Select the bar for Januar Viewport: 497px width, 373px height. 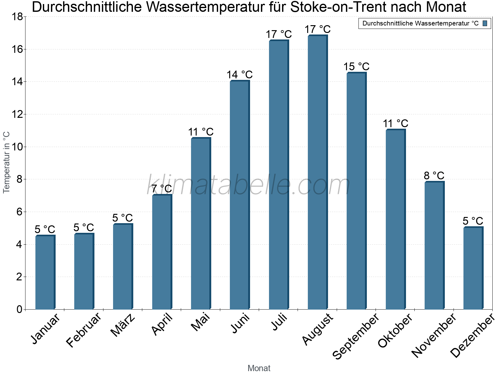click(x=45, y=273)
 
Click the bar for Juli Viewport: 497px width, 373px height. click(x=279, y=175)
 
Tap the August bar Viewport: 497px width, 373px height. click(x=317, y=173)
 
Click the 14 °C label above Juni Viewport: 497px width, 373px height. click(x=239, y=75)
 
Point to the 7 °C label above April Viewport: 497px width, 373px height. click(x=162, y=189)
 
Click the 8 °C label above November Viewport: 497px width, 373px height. click(x=434, y=176)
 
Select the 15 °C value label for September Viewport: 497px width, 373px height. click(x=356, y=67)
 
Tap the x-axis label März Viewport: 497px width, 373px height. click(x=123, y=325)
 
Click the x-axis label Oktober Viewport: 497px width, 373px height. click(x=395, y=331)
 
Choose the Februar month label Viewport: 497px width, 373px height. click(x=84, y=330)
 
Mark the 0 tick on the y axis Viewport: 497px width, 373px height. click(x=20, y=309)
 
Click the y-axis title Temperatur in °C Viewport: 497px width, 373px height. click(x=7, y=162)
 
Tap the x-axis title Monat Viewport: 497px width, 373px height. click(x=259, y=368)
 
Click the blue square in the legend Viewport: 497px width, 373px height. click(x=485, y=23)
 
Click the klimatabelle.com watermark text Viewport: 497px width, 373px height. click(x=248, y=185)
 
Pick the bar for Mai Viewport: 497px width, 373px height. click(x=201, y=224)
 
